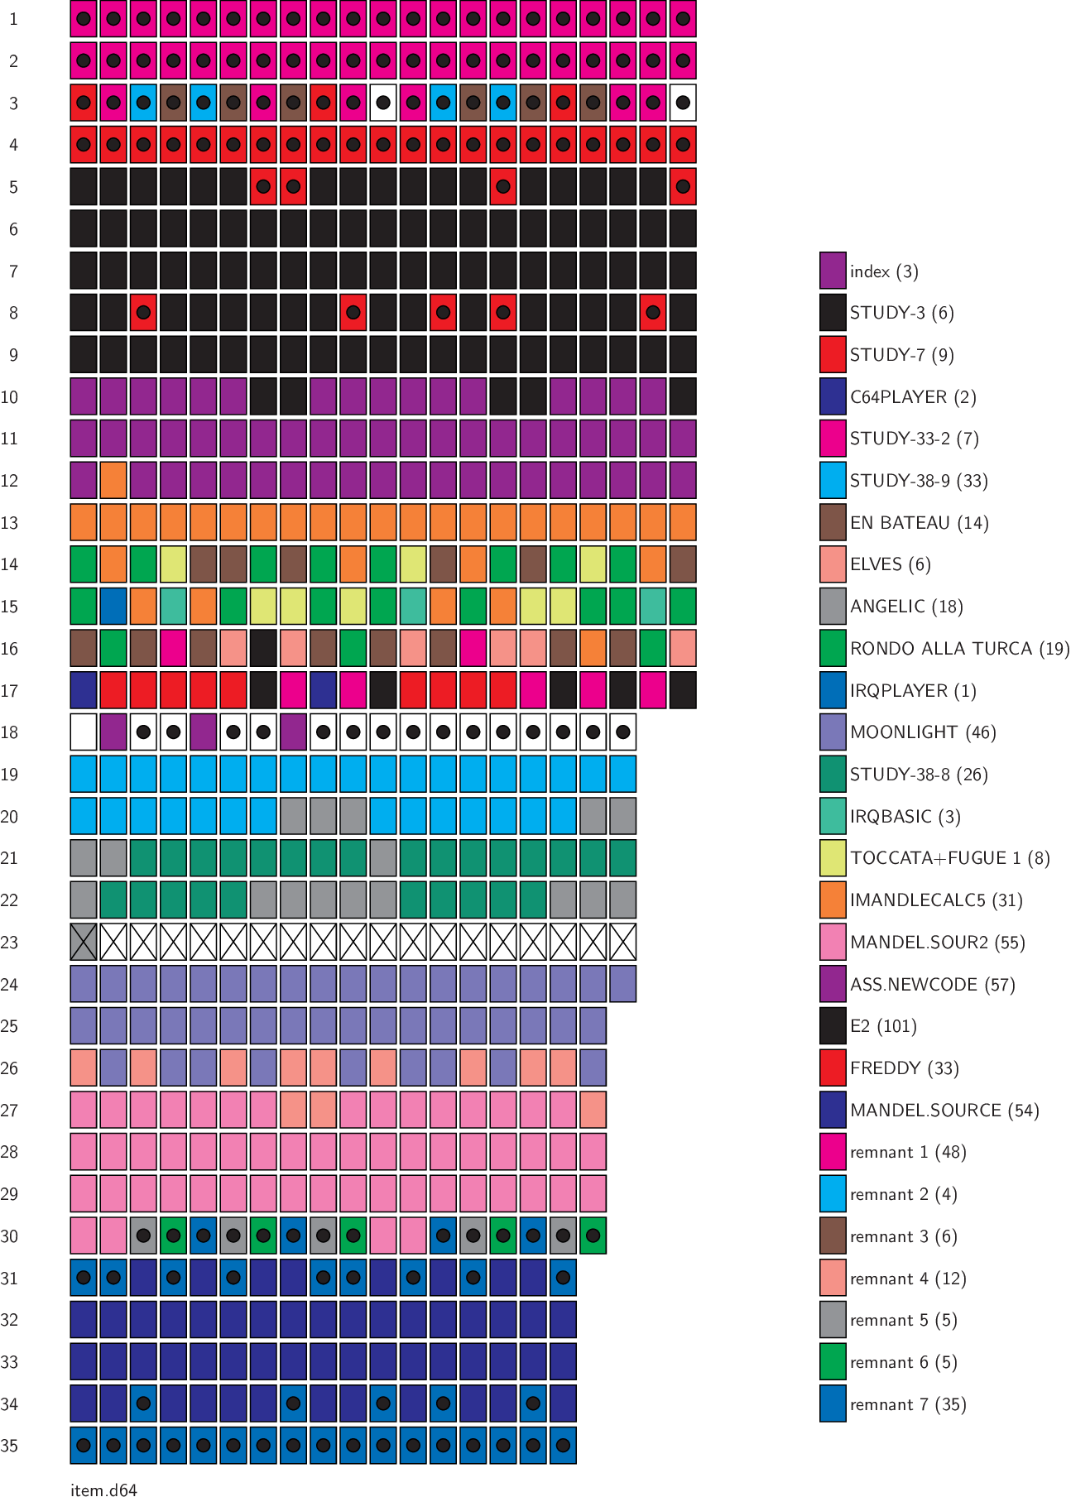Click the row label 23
coord(9,943)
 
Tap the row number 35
coord(9,1446)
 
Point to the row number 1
coord(13,19)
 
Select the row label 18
coord(9,732)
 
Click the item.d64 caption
coord(103,1490)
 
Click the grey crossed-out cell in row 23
coord(84,943)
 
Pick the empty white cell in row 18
coord(84,732)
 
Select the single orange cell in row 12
coord(113,481)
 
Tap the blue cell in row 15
coord(113,607)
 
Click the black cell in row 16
coord(263,649)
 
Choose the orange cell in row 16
coord(593,649)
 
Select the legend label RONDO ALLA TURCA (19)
coord(959,649)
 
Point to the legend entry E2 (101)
coord(883,1026)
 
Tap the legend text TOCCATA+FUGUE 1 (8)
coord(949,858)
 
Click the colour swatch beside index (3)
coord(833,271)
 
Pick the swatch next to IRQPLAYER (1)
coord(833,690)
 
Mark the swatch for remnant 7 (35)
coord(833,1404)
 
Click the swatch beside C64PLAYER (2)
coord(833,396)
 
